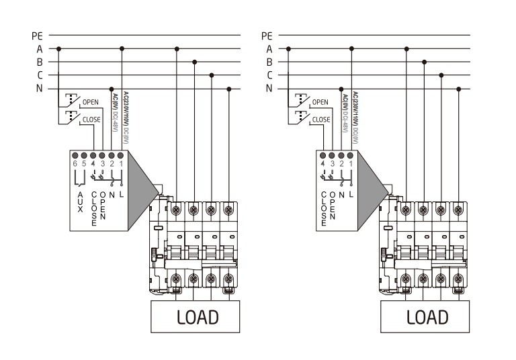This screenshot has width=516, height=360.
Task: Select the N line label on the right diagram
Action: pyautogui.click(x=269, y=89)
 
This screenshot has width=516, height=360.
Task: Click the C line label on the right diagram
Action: pyautogui.click(x=269, y=75)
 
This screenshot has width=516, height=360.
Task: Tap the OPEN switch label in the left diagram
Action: pyautogui.click(x=91, y=102)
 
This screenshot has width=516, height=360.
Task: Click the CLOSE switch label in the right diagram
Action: pyautogui.click(x=321, y=120)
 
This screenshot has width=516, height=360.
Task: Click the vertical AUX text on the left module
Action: pyautogui.click(x=81, y=201)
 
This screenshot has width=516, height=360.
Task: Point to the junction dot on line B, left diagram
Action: pyautogui.click(x=194, y=62)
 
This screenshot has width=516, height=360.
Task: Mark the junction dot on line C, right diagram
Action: pyautogui.click(x=441, y=75)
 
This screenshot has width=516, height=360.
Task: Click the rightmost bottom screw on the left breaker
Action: pyautogui.click(x=229, y=278)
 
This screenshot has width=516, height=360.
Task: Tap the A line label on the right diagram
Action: pyautogui.click(x=269, y=48)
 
